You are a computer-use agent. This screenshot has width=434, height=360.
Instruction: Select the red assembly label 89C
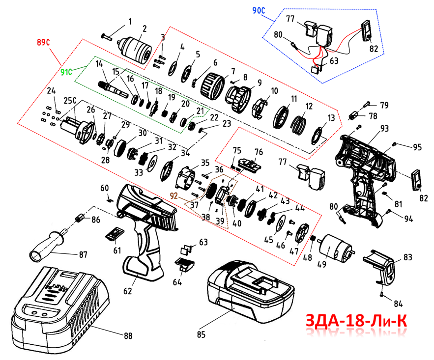pyautogui.click(x=44, y=42)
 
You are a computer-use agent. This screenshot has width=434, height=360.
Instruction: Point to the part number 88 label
pyautogui.click(x=128, y=336)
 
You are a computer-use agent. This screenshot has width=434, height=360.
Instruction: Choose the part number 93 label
pyautogui.click(x=384, y=129)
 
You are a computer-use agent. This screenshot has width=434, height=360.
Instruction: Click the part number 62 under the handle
pyautogui.click(x=128, y=291)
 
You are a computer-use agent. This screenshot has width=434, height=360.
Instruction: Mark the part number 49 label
pyautogui.click(x=321, y=266)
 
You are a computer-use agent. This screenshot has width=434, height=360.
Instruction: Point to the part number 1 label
pyautogui.click(x=130, y=22)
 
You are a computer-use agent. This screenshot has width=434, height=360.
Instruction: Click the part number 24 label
pyautogui.click(x=51, y=91)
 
